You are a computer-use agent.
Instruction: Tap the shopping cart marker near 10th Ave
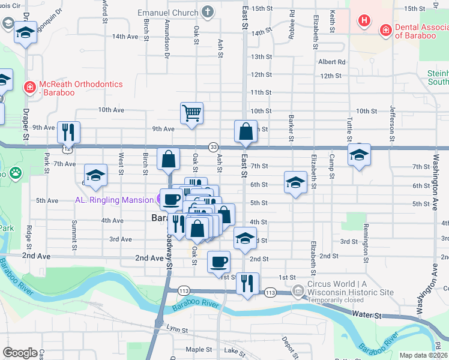click(x=191, y=113)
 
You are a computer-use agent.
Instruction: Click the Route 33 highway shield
click(x=213, y=147)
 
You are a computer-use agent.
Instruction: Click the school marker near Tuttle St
click(x=359, y=155)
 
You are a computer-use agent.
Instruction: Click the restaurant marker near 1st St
click(x=247, y=283)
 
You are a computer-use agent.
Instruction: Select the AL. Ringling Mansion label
click(x=112, y=200)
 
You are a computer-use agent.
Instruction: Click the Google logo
click(x=20, y=353)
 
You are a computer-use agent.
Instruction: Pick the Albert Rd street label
click(x=331, y=61)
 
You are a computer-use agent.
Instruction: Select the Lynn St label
click(x=176, y=329)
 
